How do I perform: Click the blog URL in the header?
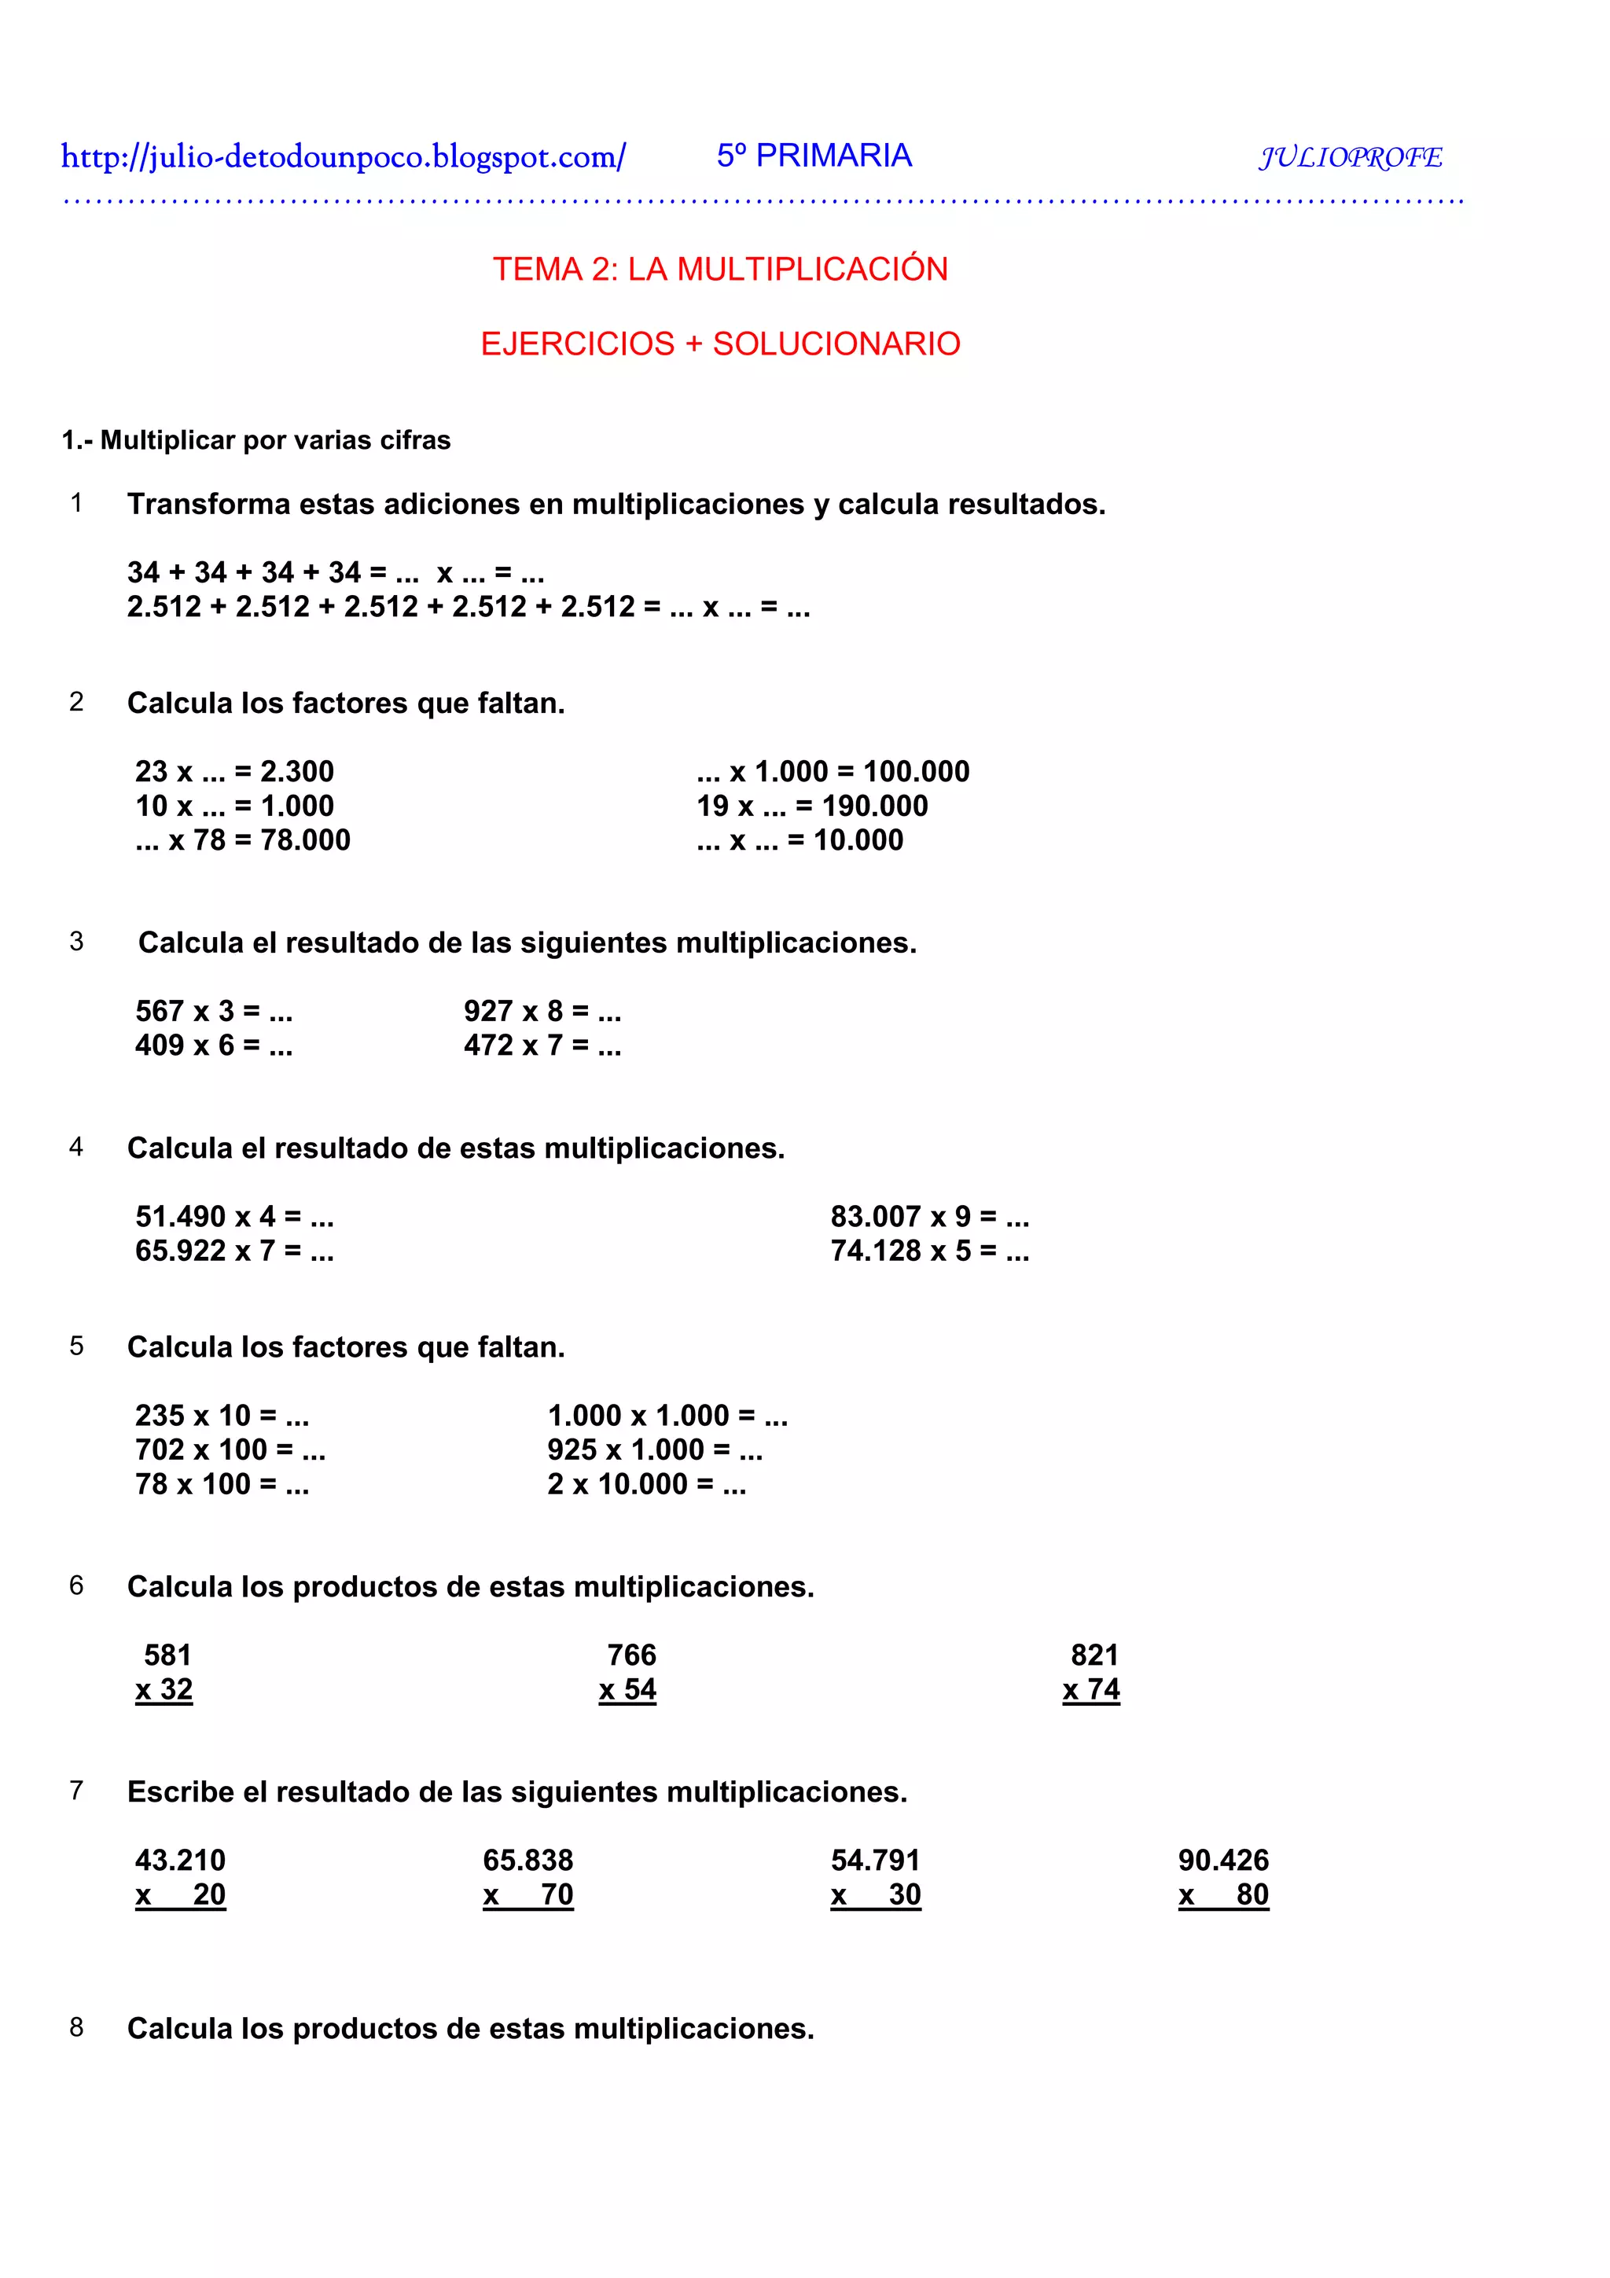(x=344, y=156)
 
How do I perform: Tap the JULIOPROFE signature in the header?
(x=1350, y=156)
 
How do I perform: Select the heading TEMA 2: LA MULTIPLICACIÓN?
(x=720, y=269)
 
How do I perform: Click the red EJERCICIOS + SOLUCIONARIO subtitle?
(x=720, y=344)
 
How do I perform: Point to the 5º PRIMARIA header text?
(x=814, y=156)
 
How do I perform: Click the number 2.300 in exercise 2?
(x=296, y=771)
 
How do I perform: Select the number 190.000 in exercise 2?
(x=875, y=806)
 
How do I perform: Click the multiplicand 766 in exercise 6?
(x=632, y=1655)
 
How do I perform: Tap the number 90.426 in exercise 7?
(x=1223, y=1861)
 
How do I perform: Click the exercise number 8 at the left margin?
(x=76, y=2027)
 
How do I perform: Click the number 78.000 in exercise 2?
(x=306, y=840)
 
